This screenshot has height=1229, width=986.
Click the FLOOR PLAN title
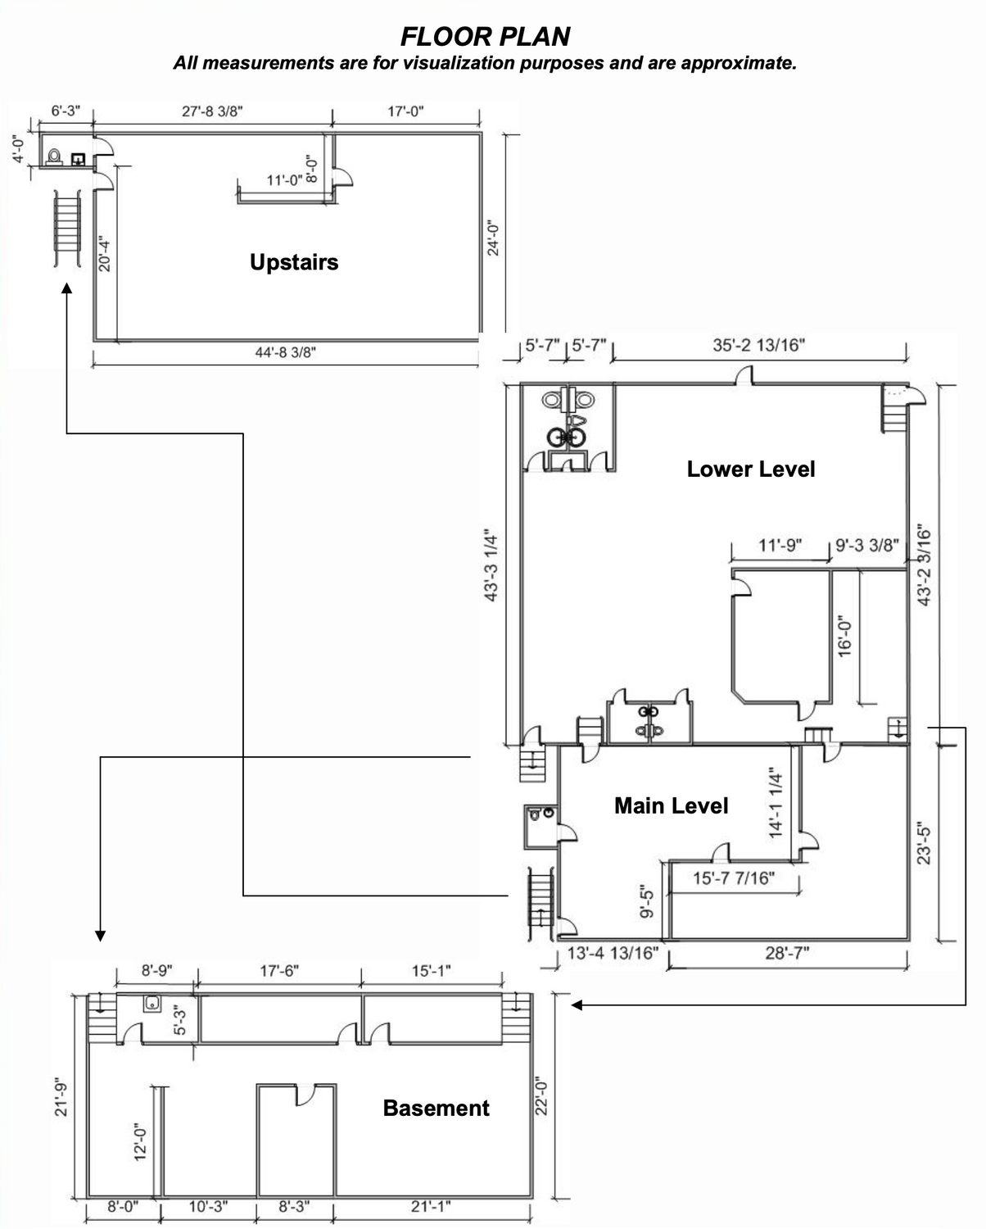(485, 37)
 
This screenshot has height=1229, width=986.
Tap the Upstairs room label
(294, 262)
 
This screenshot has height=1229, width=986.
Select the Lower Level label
(751, 469)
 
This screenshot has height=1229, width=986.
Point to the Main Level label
(671, 805)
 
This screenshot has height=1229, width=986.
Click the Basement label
(436, 1108)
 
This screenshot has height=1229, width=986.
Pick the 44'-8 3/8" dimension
(286, 352)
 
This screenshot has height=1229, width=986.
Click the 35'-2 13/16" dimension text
(759, 345)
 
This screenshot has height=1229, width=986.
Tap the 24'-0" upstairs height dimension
(493, 238)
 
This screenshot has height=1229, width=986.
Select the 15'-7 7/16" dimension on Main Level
(734, 878)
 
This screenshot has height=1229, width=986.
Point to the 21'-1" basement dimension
(431, 1207)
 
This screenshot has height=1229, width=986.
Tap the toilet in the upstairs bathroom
(54, 157)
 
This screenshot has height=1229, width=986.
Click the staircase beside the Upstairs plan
(67, 229)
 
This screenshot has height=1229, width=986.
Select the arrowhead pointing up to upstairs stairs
(67, 288)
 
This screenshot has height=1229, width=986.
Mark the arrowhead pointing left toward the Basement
(577, 1005)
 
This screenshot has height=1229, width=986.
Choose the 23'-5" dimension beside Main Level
(924, 843)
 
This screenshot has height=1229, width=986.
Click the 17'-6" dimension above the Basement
(279, 970)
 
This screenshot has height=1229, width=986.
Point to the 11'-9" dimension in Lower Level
(780, 545)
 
